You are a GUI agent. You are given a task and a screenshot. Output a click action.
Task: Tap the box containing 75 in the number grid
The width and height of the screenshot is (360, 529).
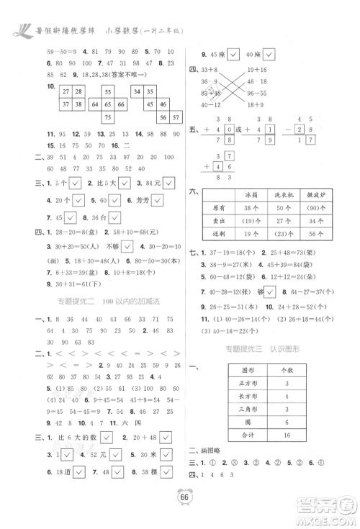(107, 118)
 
